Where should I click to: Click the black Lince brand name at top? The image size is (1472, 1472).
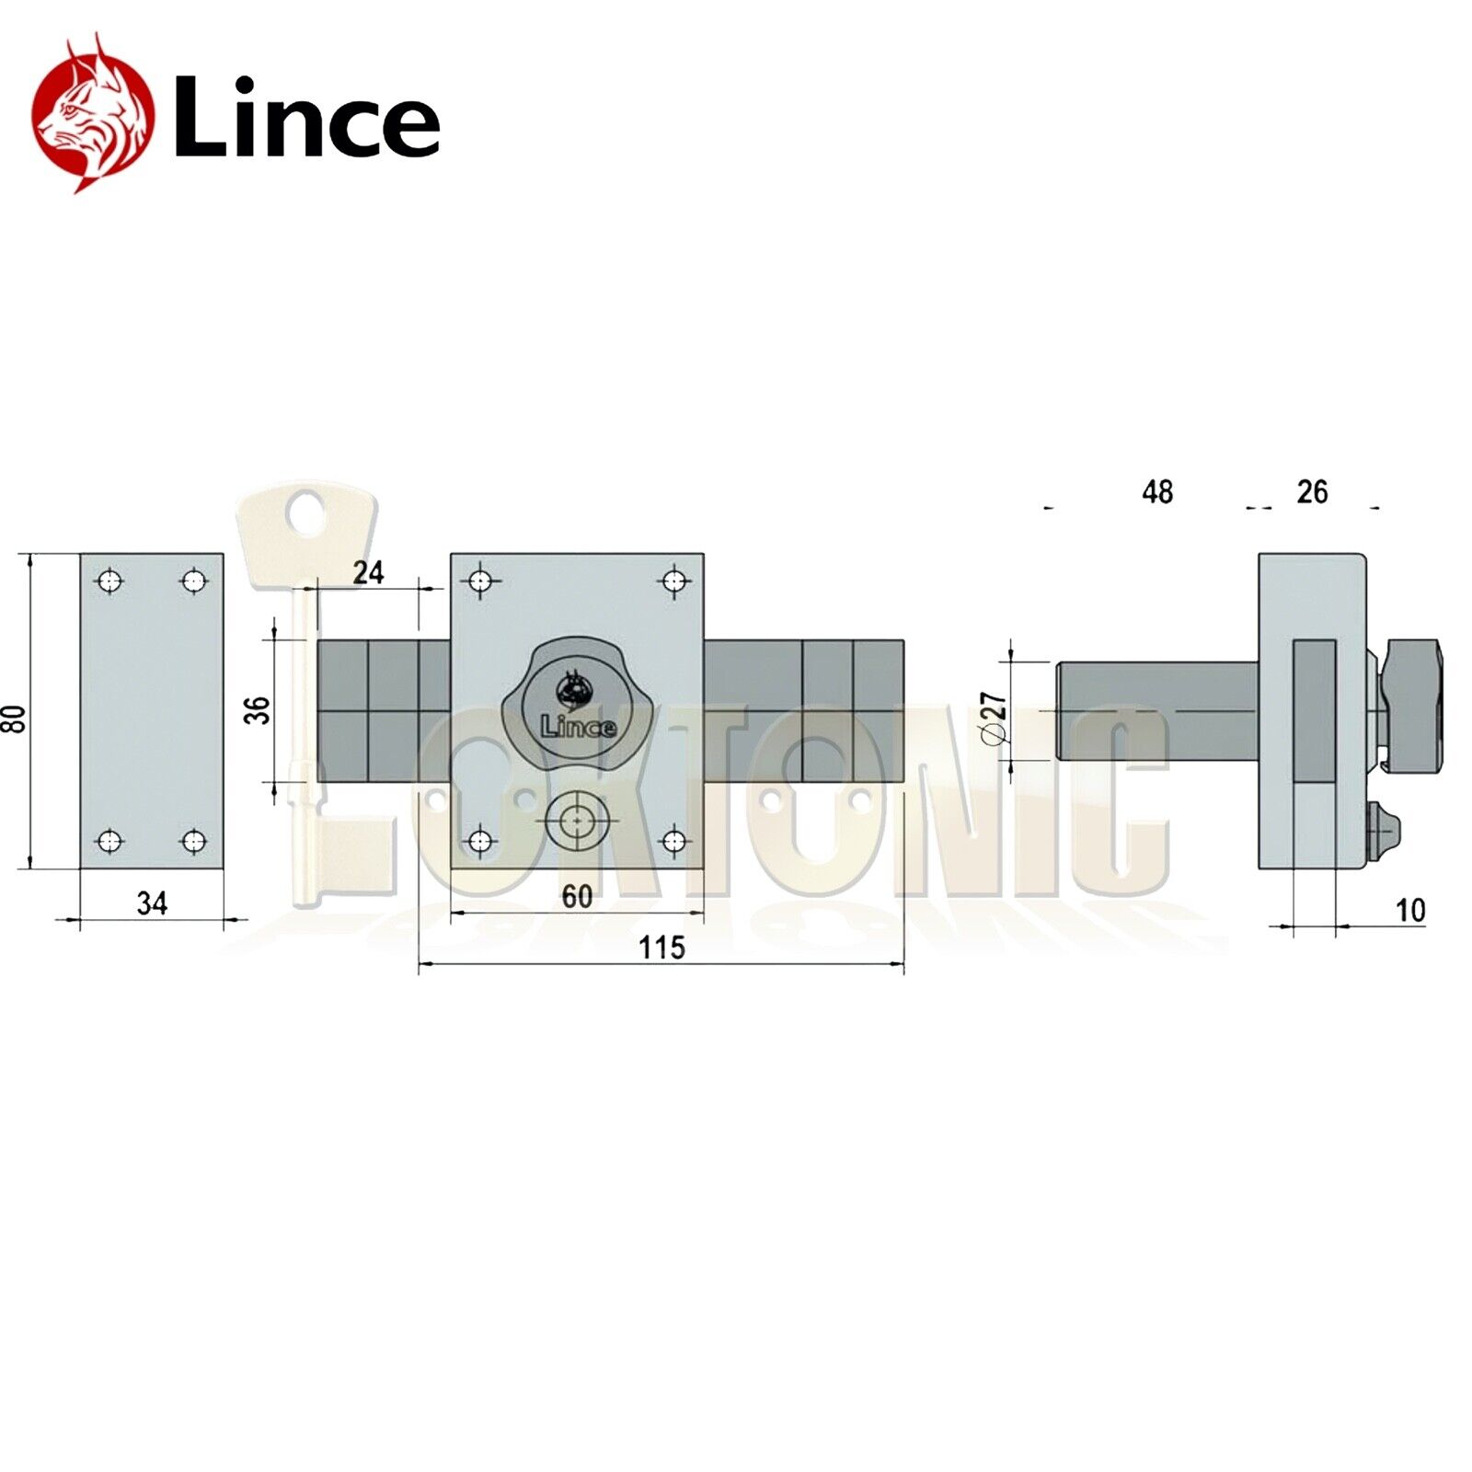click(306, 118)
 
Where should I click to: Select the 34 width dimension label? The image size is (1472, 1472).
click(152, 903)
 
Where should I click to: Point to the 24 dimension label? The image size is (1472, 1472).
click(368, 572)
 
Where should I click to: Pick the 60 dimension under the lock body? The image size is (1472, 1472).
click(577, 896)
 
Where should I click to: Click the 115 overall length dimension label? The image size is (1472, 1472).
click(661, 947)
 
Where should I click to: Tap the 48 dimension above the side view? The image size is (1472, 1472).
click(1157, 492)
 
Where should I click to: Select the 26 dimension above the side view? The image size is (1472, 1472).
click(1312, 492)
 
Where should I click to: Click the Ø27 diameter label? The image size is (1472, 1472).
click(995, 718)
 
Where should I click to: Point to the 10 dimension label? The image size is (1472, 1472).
click(1410, 910)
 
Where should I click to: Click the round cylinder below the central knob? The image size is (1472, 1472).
click(577, 820)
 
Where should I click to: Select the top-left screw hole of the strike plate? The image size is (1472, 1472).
click(109, 581)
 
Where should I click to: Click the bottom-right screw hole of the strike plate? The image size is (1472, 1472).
click(193, 841)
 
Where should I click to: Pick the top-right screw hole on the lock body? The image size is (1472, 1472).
click(675, 581)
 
